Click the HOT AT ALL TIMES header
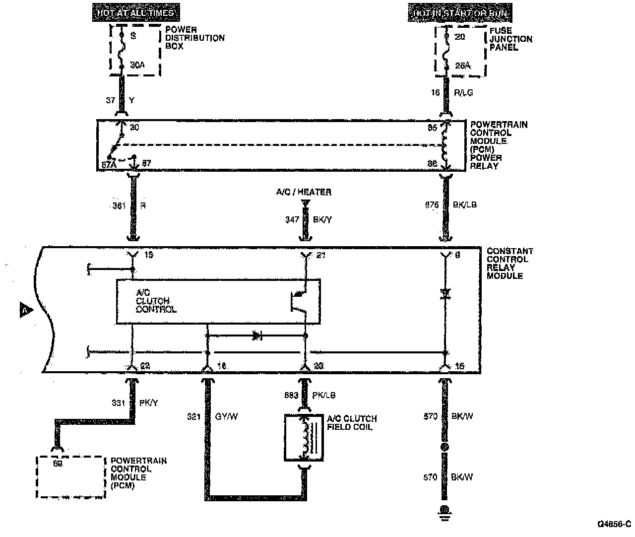pyautogui.click(x=136, y=13)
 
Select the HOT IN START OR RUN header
pyautogui.click(x=460, y=13)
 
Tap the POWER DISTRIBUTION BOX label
pyautogui.click(x=194, y=38)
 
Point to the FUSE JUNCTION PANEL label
pyautogui.click(x=510, y=39)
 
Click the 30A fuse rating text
pyautogui.click(x=137, y=65)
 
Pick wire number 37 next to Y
pyautogui.click(x=111, y=100)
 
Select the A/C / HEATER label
pyautogui.click(x=304, y=192)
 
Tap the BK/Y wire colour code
pyautogui.click(x=322, y=219)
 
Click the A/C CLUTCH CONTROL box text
pyautogui.click(x=156, y=301)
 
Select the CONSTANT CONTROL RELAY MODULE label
pyautogui.click(x=509, y=263)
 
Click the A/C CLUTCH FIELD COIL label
pyautogui.click(x=352, y=422)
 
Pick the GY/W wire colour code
pyautogui.click(x=226, y=416)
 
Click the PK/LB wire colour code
pyautogui.click(x=323, y=396)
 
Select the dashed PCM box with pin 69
pyautogui.click(x=71, y=477)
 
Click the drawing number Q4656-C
pyautogui.click(x=614, y=524)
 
